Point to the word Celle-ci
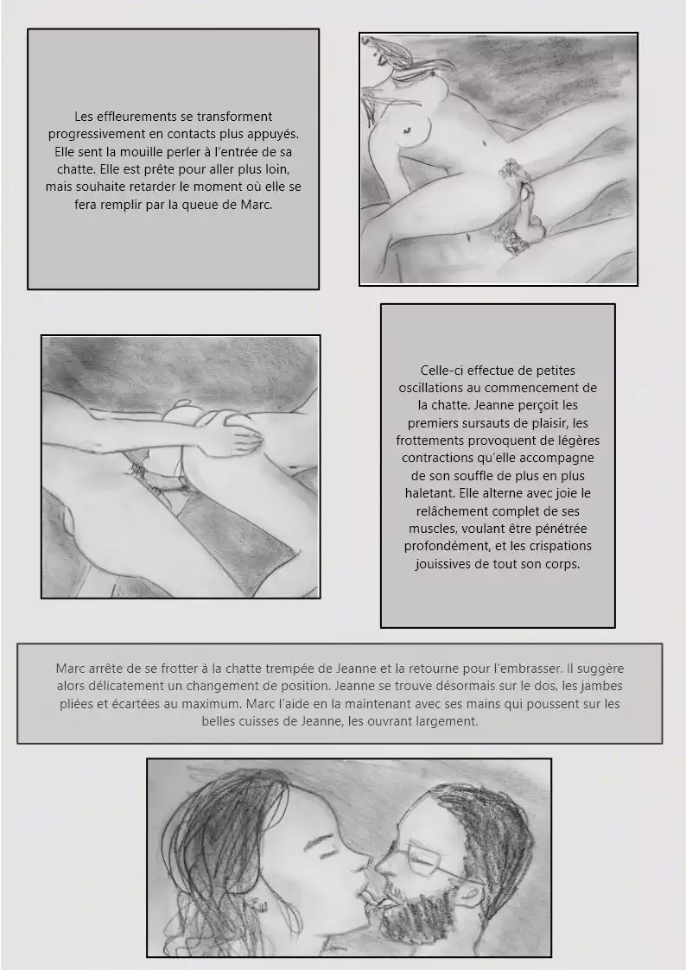[441, 371]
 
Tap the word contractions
[438, 459]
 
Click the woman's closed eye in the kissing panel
[325, 852]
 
